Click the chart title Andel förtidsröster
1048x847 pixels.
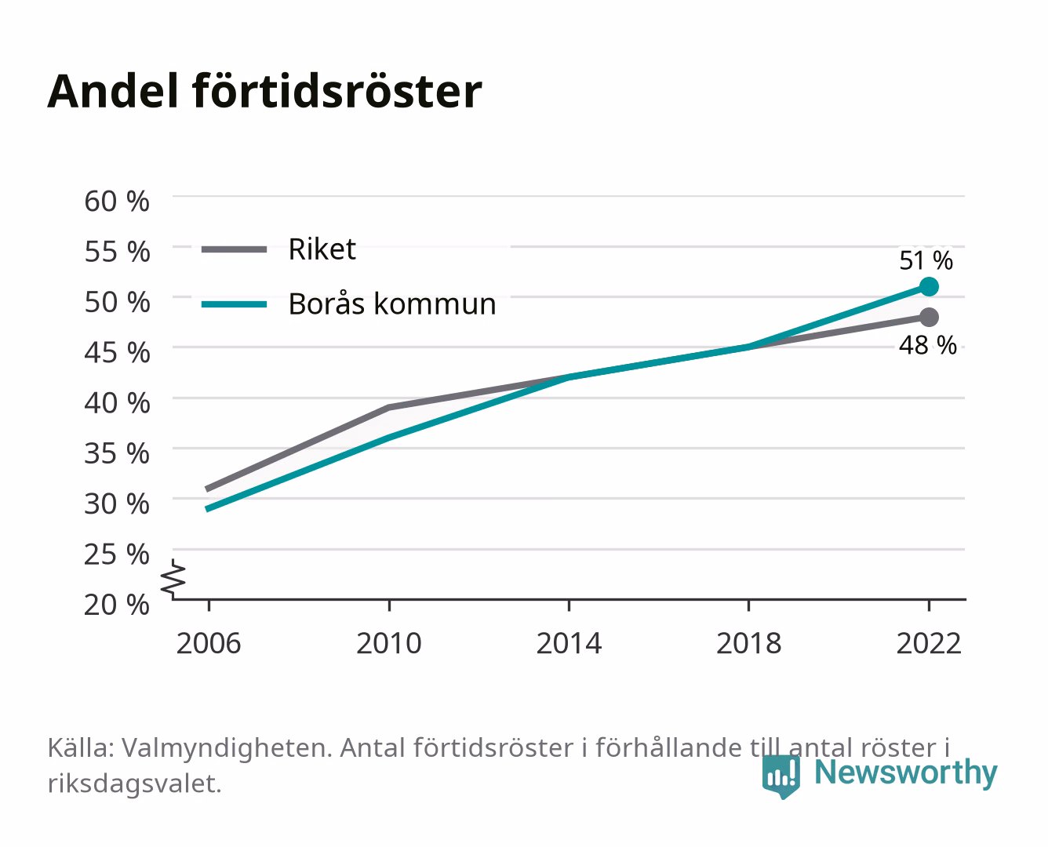tap(264, 91)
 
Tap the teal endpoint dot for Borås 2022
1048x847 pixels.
tap(929, 286)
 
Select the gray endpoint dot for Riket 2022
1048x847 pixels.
tap(929, 318)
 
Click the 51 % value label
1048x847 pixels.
tap(926, 260)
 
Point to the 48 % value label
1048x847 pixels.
tap(927, 345)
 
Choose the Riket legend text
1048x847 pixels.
tap(322, 249)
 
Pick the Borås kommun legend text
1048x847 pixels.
tap(392, 304)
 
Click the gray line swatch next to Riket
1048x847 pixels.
tap(235, 250)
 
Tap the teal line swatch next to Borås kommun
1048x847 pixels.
tap(235, 304)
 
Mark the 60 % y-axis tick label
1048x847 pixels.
tap(117, 202)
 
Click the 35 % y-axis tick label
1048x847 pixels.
tap(117, 453)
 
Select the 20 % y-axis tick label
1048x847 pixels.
tap(117, 605)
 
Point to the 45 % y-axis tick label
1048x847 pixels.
tap(117, 353)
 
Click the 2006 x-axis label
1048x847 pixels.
tap(209, 643)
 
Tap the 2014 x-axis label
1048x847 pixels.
tap(569, 643)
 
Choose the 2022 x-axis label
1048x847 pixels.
tap(929, 643)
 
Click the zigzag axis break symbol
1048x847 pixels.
tap(173, 579)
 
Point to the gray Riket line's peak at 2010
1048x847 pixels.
tap(389, 407)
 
